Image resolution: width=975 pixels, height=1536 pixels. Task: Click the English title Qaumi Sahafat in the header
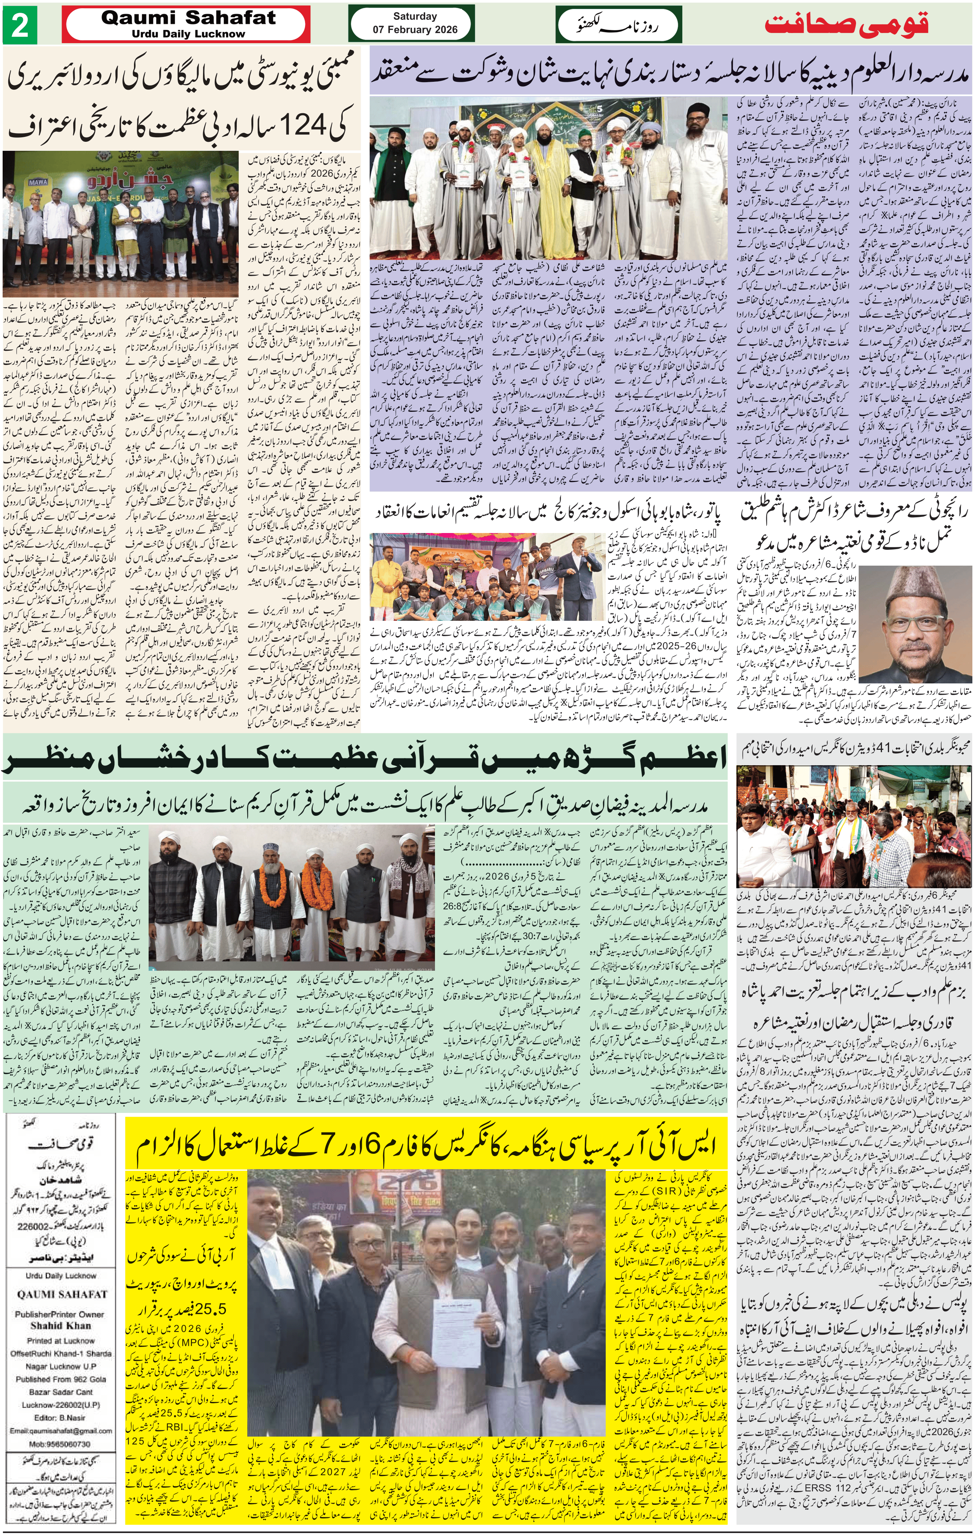(189, 18)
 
